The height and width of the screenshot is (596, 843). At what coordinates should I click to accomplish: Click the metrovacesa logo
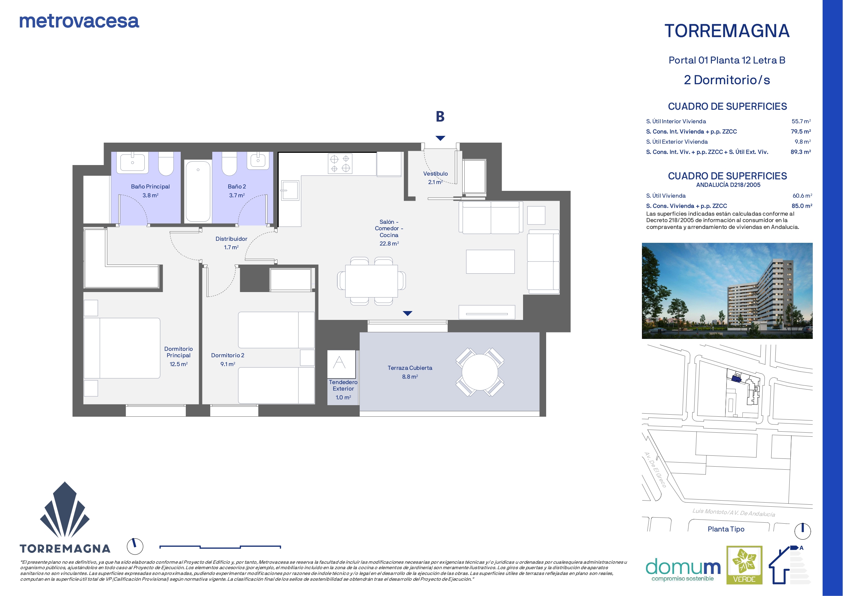[x=79, y=21]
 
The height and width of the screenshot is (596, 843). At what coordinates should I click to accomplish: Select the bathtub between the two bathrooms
[x=198, y=191]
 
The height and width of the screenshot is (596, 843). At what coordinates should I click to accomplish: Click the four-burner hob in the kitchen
[x=340, y=164]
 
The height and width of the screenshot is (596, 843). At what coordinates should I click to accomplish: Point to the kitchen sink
[x=290, y=190]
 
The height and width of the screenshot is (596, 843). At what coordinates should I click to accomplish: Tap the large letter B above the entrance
[x=440, y=116]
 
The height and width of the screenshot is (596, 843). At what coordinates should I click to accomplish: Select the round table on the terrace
[x=480, y=372]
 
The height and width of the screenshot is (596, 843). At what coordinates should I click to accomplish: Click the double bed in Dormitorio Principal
[x=122, y=348]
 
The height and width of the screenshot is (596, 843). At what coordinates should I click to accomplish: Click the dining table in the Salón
[x=372, y=281]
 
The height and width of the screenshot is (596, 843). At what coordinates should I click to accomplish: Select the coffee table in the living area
[x=490, y=261]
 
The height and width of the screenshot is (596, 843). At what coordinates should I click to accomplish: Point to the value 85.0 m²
[x=802, y=206]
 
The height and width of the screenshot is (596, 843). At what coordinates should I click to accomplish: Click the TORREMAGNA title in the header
[x=727, y=31]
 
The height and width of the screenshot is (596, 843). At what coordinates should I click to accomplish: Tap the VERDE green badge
[x=744, y=565]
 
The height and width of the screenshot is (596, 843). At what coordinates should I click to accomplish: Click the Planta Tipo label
[x=726, y=529]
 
